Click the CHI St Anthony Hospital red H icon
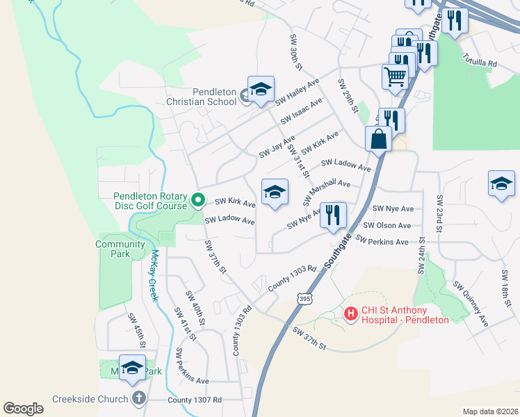[x=351, y=315]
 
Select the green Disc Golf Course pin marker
[x=197, y=201]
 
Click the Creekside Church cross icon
[x=138, y=399]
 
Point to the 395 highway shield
[x=304, y=299]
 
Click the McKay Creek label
[x=154, y=275]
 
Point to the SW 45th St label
[x=136, y=330]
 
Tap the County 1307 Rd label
[x=195, y=400]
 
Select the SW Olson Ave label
[x=387, y=225]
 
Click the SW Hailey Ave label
[x=297, y=92]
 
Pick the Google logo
[x=23, y=408]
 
